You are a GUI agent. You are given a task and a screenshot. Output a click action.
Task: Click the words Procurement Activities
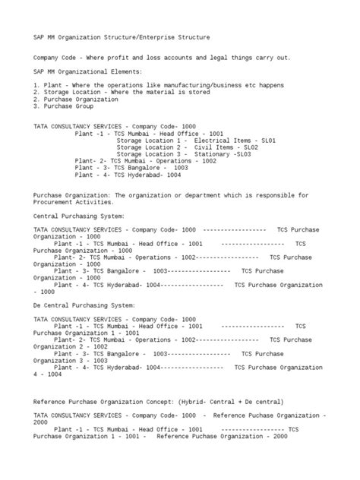(x=72, y=202)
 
